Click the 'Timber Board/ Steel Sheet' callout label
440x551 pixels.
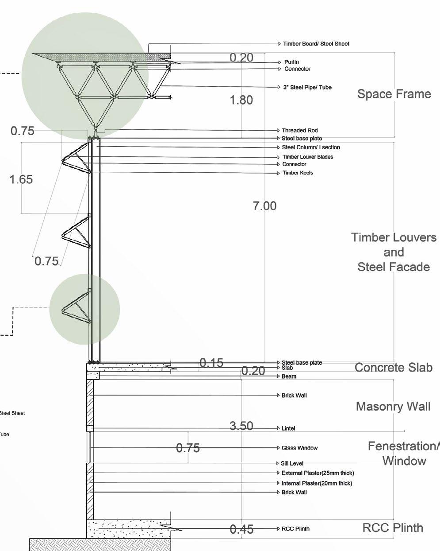click(x=316, y=44)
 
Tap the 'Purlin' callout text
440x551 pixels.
click(x=291, y=62)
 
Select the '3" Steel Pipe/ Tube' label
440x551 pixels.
click(x=307, y=87)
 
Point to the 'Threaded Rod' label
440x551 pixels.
click(x=299, y=131)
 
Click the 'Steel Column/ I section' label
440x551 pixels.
click(x=311, y=147)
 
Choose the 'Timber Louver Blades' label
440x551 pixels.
click(x=308, y=157)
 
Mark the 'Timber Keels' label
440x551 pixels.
click(x=298, y=173)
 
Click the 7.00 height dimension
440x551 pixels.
click(x=264, y=206)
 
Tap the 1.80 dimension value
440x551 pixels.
click(x=241, y=100)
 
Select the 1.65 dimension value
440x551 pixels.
click(x=21, y=179)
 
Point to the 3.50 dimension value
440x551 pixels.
click(x=241, y=426)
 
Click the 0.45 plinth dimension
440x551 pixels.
click(x=241, y=529)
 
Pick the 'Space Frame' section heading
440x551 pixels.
click(x=394, y=94)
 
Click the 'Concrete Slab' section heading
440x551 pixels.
click(x=393, y=368)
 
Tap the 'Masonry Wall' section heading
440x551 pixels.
click(x=393, y=407)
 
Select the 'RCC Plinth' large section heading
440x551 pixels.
click(x=393, y=528)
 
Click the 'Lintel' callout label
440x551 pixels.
click(x=288, y=429)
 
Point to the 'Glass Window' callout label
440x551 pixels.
click(x=299, y=448)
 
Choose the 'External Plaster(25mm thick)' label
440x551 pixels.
click(x=318, y=473)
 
